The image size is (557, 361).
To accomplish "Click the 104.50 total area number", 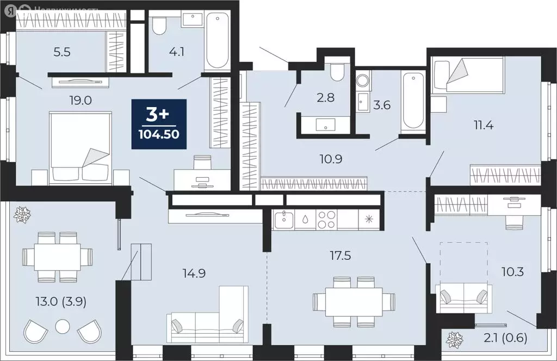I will [x=159, y=134].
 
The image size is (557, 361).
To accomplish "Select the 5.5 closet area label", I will [x=61, y=53].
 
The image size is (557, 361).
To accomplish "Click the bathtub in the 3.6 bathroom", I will [x=413, y=100].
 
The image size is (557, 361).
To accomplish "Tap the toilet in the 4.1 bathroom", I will [x=159, y=25].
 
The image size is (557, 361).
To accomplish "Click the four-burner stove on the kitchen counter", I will [x=326, y=220].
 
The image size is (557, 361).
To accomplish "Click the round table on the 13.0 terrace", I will [x=63, y=327].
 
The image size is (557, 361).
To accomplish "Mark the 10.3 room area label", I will [x=512, y=271].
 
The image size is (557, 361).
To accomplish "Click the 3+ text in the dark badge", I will [x=159, y=115].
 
